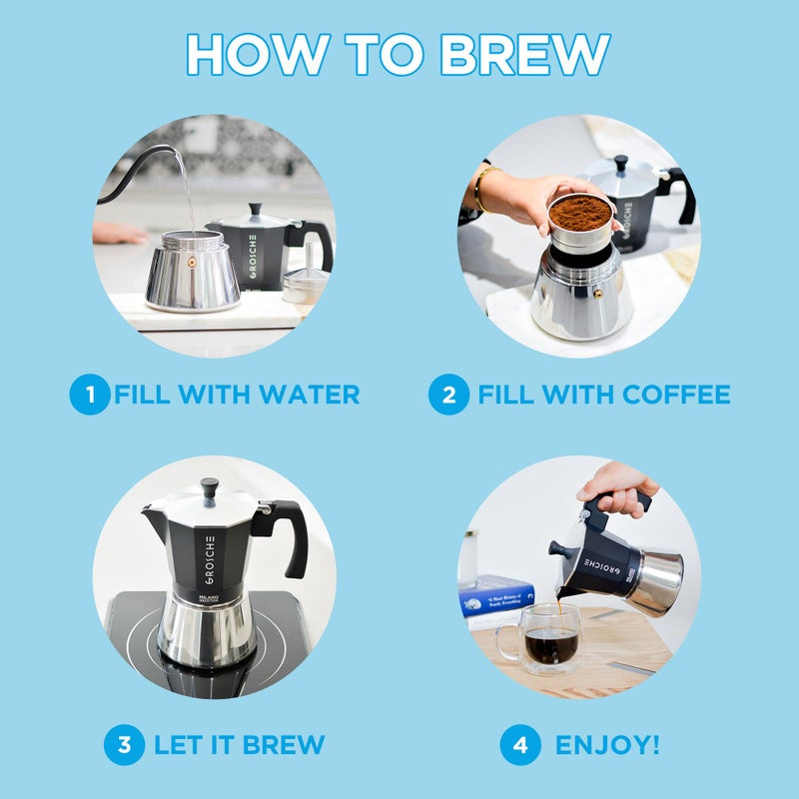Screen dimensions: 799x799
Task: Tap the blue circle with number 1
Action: tap(90, 395)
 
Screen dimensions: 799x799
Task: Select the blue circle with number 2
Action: tap(448, 395)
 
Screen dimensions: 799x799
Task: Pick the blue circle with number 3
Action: tap(124, 745)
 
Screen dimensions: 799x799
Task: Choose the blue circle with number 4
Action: tap(519, 745)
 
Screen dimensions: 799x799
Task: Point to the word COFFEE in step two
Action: tap(676, 395)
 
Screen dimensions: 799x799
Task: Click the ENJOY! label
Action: tap(606, 745)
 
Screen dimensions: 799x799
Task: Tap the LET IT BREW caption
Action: tap(239, 745)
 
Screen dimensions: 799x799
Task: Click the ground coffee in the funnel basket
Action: tap(580, 211)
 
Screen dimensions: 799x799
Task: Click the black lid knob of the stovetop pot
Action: tap(209, 488)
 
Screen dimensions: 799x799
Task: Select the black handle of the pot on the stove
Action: tap(287, 533)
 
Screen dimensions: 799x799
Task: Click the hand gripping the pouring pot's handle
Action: tap(618, 486)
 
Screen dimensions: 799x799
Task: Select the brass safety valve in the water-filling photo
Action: tap(190, 262)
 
